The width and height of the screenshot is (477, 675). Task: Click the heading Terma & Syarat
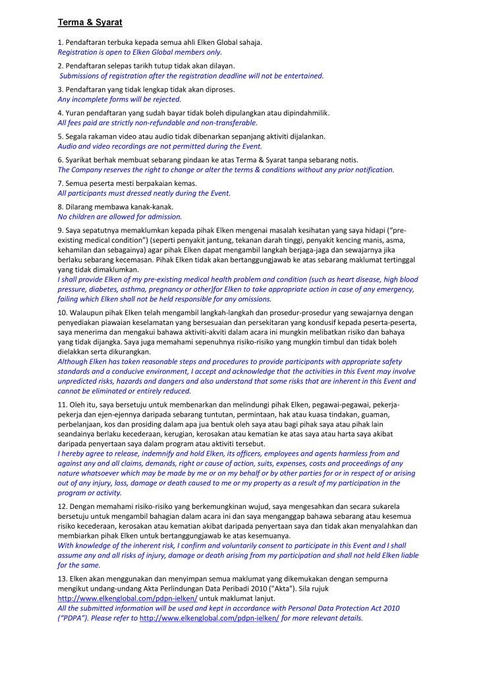click(x=90, y=22)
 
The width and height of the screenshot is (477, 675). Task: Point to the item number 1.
click(x=60, y=42)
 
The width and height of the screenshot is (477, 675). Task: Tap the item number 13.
click(x=62, y=578)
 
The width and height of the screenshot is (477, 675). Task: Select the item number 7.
click(x=60, y=183)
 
